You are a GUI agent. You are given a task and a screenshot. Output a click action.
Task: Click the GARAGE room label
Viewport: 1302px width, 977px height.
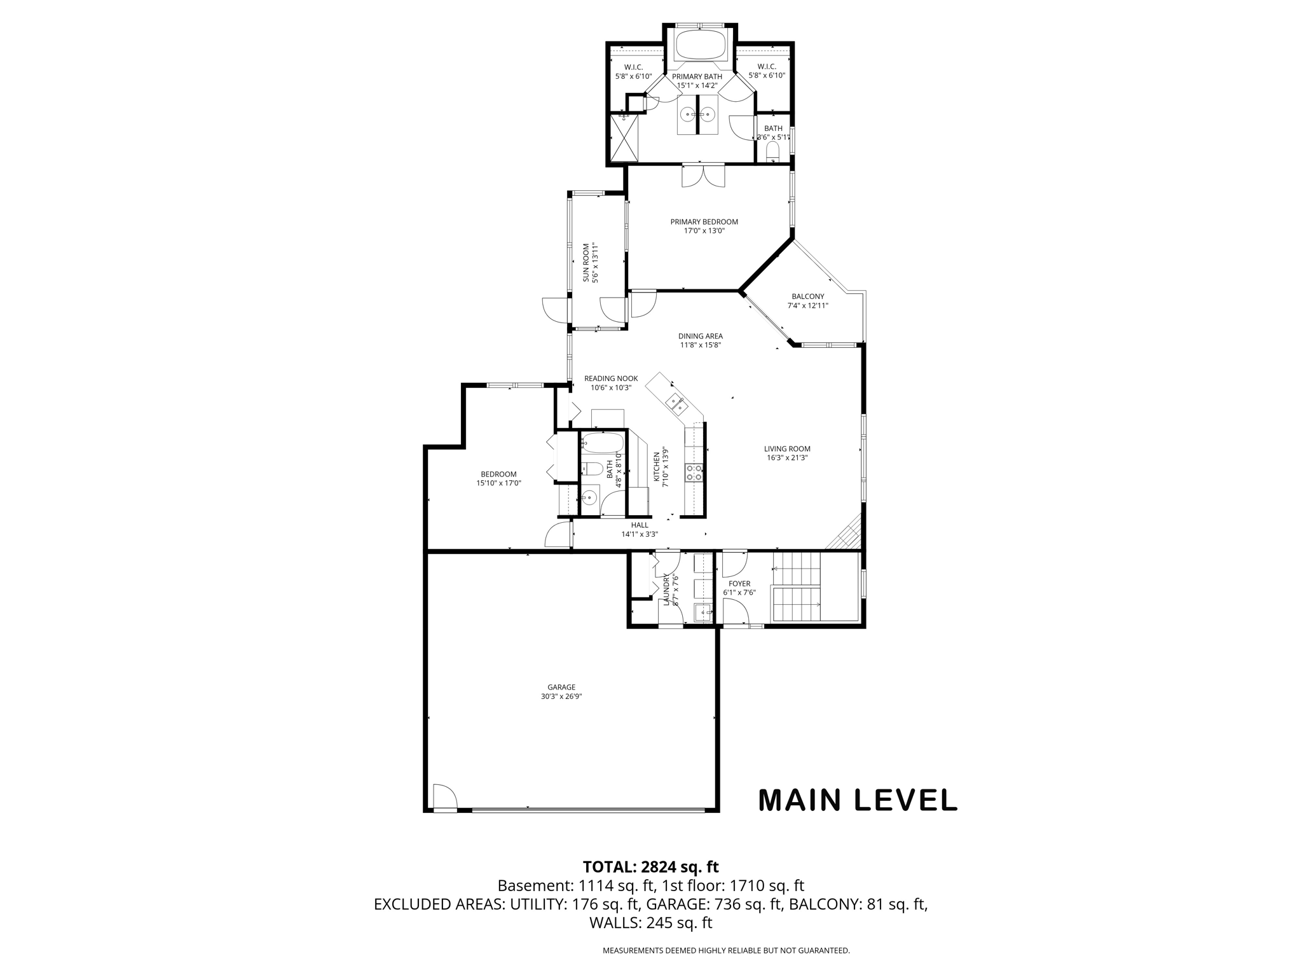point(561,687)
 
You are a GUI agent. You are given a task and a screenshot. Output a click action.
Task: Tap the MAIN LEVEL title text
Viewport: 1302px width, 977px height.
point(858,800)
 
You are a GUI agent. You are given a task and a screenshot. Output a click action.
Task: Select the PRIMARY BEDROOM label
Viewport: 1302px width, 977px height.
point(704,222)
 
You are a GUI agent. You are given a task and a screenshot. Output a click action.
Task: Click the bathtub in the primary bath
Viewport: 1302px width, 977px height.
point(700,45)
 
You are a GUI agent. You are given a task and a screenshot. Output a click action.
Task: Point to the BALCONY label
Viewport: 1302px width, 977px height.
point(807,296)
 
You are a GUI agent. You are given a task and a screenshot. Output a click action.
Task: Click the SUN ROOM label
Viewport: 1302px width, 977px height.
point(586,263)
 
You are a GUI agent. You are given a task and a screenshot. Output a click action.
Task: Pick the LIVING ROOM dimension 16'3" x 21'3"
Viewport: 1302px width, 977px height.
point(786,457)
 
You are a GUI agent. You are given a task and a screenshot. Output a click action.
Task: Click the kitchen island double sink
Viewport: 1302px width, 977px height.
point(675,403)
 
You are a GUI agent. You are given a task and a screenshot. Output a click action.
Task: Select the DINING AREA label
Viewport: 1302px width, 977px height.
point(701,336)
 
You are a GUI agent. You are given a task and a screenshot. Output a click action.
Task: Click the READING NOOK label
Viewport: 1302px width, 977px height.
point(611,378)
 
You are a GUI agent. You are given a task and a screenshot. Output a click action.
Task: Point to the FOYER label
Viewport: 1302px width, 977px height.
point(739,583)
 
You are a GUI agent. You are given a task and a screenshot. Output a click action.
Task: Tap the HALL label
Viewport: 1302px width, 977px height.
point(640,525)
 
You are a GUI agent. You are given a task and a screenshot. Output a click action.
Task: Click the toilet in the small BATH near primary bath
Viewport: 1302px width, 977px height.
point(773,151)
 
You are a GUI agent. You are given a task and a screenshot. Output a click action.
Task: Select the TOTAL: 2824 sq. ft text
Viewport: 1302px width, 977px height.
point(650,866)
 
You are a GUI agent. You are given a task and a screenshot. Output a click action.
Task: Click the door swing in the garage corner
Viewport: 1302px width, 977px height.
point(444,798)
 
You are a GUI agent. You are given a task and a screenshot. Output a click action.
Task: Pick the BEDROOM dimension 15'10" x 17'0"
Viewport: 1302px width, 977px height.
point(498,483)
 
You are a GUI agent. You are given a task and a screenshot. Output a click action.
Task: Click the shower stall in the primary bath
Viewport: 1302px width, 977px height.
point(624,138)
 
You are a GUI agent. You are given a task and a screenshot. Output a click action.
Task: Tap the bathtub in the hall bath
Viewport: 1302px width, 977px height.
point(603,443)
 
